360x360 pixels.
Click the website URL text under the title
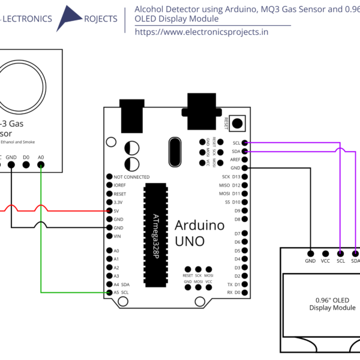click(x=201, y=32)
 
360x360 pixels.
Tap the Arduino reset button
click(x=238, y=123)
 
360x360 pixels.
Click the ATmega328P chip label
click(x=155, y=236)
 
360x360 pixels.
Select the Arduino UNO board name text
click(x=199, y=233)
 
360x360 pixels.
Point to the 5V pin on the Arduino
click(x=109, y=211)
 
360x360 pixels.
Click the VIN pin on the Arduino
click(x=109, y=236)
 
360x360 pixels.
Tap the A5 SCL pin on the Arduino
click(x=109, y=292)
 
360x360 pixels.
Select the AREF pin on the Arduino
click(x=245, y=160)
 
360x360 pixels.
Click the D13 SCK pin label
click(x=231, y=177)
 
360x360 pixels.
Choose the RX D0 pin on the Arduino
click(x=245, y=292)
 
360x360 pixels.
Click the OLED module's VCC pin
click(x=325, y=253)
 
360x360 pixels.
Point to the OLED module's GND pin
click(x=310, y=253)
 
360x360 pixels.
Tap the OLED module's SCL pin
click(x=341, y=253)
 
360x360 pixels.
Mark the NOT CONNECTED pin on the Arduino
click(x=109, y=177)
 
